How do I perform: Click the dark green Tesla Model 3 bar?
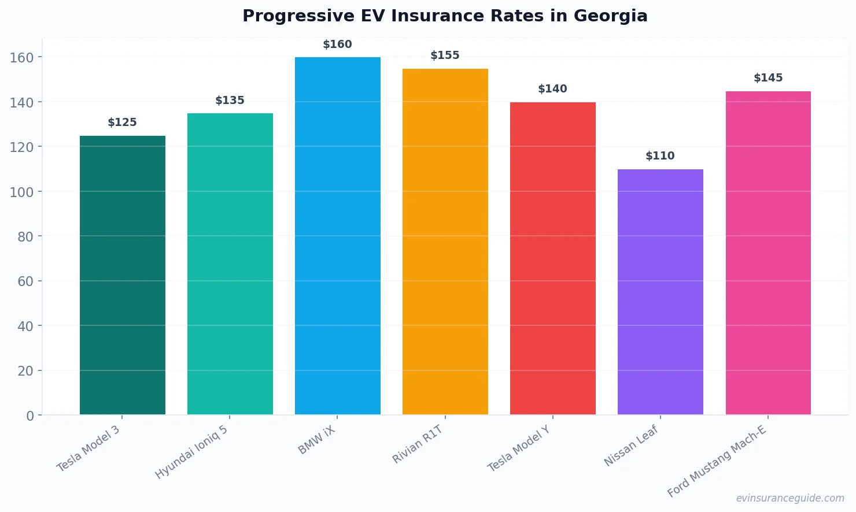(x=123, y=275)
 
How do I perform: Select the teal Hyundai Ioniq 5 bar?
(x=230, y=264)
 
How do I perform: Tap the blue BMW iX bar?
(x=338, y=236)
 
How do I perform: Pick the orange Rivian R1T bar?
(x=445, y=242)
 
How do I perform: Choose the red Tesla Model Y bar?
(x=553, y=258)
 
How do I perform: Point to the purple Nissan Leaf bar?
(x=661, y=292)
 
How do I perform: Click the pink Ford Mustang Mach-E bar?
(x=768, y=253)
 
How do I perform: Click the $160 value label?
(x=337, y=44)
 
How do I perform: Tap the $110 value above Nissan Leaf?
(x=660, y=156)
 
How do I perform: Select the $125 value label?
(x=122, y=123)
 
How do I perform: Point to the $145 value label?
(x=768, y=78)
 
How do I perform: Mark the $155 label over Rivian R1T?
(x=445, y=55)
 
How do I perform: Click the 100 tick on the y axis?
(x=21, y=192)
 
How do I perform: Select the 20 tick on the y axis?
(x=25, y=371)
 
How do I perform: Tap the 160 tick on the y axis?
(x=21, y=57)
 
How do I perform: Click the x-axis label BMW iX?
(x=316, y=440)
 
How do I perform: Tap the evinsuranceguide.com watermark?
(x=790, y=498)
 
